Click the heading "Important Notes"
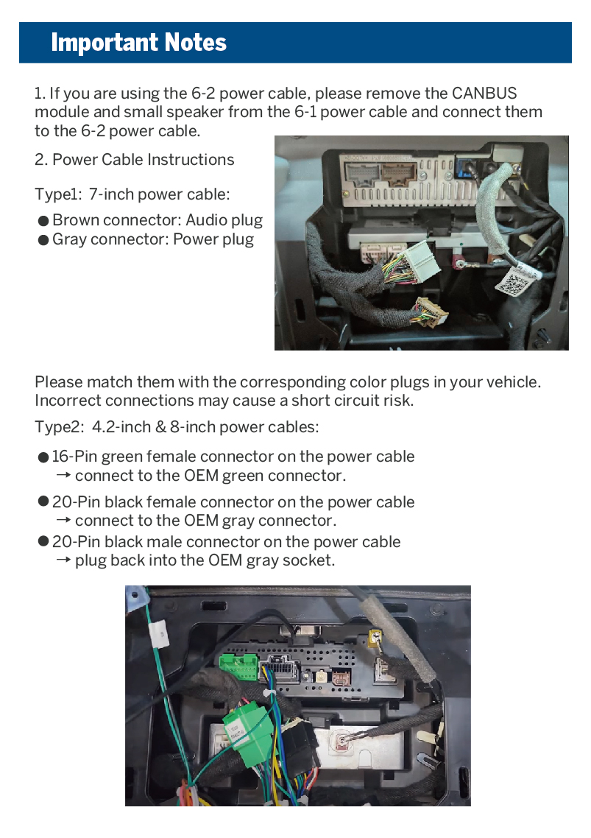tap(138, 43)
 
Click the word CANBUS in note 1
tap(484, 94)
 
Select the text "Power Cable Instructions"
tap(144, 160)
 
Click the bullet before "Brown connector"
tap(43, 221)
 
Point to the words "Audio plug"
tap(224, 220)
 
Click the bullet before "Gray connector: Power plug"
tap(43, 240)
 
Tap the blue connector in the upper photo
tap(465, 167)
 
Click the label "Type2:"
tap(60, 427)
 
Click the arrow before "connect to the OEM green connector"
tap(63, 476)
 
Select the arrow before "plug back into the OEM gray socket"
tap(63, 560)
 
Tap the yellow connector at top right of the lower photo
tap(375, 637)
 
